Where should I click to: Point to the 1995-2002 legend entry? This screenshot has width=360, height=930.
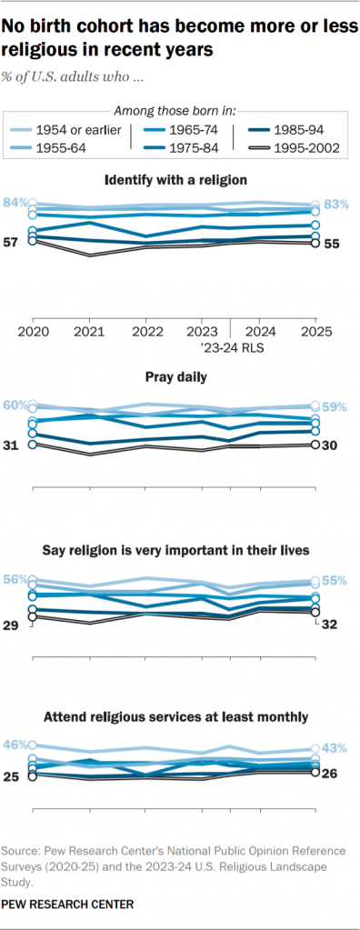295,146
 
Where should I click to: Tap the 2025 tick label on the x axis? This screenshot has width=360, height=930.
315,330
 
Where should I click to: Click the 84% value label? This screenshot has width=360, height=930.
15,202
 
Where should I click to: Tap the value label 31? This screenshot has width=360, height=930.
13,445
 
